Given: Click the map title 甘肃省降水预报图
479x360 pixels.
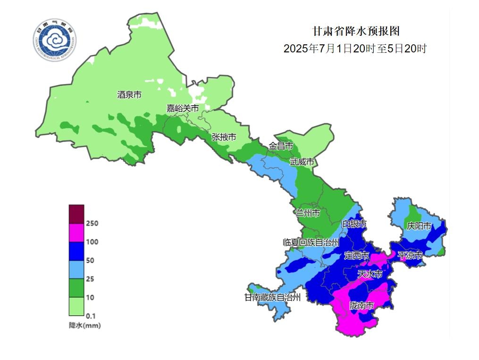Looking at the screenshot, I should (356, 31).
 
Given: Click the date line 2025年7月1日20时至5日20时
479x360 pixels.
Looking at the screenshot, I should (355, 49).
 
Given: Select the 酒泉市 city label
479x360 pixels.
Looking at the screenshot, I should (129, 95).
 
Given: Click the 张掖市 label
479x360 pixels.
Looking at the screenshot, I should (224, 137).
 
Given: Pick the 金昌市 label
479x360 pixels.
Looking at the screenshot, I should (281, 146).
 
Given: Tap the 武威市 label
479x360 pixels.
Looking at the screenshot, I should (302, 162).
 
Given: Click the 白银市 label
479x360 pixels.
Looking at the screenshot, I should (354, 224).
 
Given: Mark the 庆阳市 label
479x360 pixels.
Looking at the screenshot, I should (419, 226).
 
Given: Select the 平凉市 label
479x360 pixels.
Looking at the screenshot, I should (410, 255).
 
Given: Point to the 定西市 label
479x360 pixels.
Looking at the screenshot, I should (356, 255).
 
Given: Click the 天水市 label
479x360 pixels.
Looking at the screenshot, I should (370, 274).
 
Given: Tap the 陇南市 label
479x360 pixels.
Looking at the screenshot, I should (361, 306).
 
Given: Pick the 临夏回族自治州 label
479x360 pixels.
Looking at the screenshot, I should (311, 243).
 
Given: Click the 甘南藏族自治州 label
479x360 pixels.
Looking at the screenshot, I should (272, 297).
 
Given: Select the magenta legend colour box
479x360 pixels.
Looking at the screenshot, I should (76, 233).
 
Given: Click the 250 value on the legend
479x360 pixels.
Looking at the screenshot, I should (92, 223).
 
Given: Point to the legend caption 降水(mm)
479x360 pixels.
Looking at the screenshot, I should (84, 326).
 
